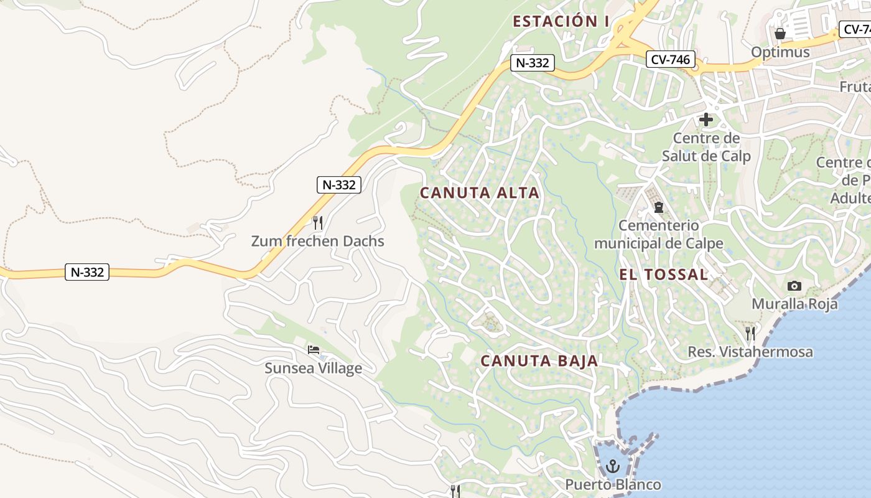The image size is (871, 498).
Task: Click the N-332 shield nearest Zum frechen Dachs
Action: tap(338, 184)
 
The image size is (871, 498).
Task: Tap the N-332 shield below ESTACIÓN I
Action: tap(532, 62)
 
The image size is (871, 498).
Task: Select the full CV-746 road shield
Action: tap(670, 59)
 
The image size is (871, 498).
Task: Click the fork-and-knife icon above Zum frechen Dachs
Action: tap(317, 222)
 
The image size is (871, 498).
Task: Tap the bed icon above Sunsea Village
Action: tap(314, 349)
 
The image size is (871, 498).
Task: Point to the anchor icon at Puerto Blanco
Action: tap(613, 466)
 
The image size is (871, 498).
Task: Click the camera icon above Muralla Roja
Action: tap(794, 286)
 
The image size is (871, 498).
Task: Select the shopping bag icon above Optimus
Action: tap(780, 33)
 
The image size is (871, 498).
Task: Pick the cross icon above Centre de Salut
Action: tap(706, 119)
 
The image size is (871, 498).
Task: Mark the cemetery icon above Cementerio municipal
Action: tap(658, 207)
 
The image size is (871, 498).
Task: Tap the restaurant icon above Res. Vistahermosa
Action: tap(750, 333)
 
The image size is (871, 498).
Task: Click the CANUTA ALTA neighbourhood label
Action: tap(479, 193)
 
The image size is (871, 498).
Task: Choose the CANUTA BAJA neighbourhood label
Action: tap(539, 360)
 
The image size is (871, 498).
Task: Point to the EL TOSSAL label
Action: tap(663, 275)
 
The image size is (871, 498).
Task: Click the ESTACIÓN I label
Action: tap(561, 21)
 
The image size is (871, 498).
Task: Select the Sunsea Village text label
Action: tap(313, 368)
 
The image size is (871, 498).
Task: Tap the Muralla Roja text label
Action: tap(794, 304)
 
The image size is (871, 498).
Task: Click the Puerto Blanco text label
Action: tap(613, 484)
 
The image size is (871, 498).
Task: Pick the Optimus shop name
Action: tap(780, 52)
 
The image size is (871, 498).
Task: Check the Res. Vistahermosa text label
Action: tap(750, 352)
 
